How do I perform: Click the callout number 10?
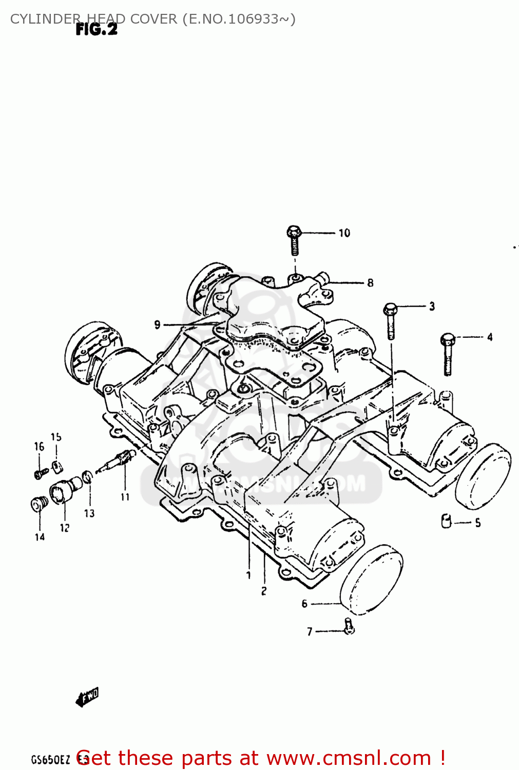click(x=344, y=233)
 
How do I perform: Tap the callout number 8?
click(x=370, y=283)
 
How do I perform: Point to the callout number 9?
click(x=157, y=324)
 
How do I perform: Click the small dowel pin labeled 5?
click(x=446, y=521)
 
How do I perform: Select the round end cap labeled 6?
click(x=372, y=580)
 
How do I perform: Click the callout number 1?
click(x=248, y=575)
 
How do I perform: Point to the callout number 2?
click(x=264, y=591)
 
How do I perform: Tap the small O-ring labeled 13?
click(x=88, y=477)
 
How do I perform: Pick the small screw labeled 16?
click(x=40, y=473)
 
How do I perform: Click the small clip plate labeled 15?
click(x=56, y=466)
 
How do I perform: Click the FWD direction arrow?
click(x=87, y=697)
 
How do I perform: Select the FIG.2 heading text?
click(x=97, y=30)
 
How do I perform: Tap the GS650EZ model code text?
click(x=50, y=760)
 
